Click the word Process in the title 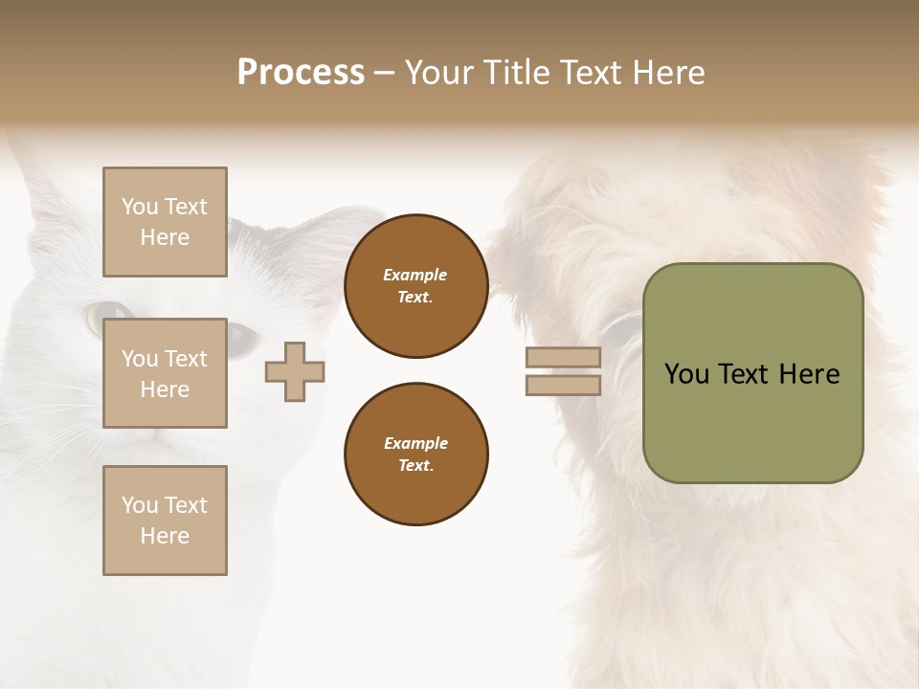(x=301, y=73)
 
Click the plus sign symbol (x=295, y=371)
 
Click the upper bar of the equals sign (x=563, y=358)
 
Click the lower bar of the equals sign (x=563, y=385)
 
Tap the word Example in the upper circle (x=415, y=275)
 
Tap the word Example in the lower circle (x=415, y=443)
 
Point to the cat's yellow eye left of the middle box (x=100, y=315)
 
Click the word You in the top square (x=140, y=207)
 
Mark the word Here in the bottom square (x=165, y=536)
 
